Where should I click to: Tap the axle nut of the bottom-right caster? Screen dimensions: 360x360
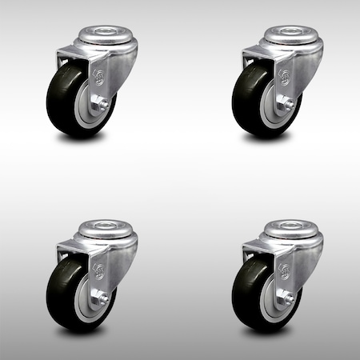tap(286, 297)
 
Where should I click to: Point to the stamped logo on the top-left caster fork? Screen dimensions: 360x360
tap(98, 78)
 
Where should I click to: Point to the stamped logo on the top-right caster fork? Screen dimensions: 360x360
tap(284, 78)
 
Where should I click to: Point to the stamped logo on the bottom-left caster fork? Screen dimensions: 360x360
tap(98, 270)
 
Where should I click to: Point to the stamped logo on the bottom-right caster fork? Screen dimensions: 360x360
tap(284, 270)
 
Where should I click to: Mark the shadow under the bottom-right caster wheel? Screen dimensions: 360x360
tap(264, 330)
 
